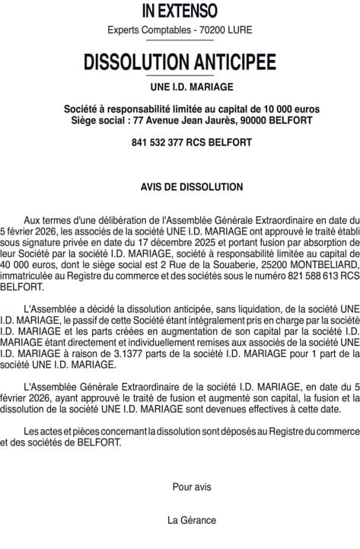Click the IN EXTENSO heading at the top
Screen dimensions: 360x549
(x=180, y=11)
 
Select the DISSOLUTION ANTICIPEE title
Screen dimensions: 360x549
(x=180, y=61)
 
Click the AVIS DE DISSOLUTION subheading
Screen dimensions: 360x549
(x=191, y=187)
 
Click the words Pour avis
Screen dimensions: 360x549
(x=192, y=487)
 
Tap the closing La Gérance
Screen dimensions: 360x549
(x=192, y=520)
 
